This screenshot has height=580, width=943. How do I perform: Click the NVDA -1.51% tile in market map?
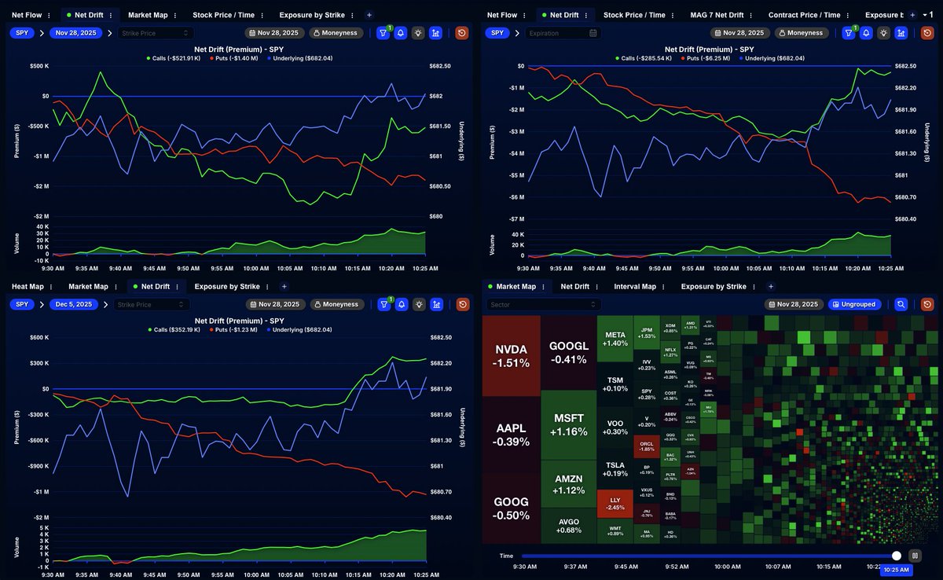coord(511,355)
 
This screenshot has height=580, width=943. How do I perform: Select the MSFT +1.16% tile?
coord(568,424)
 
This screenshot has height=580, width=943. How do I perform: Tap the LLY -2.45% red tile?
coord(615,504)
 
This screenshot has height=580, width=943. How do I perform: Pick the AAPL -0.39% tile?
coord(511,435)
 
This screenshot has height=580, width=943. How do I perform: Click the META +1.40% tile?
coord(615,339)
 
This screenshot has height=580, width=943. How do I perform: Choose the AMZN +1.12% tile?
coord(568,484)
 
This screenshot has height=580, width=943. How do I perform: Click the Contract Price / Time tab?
coord(804,15)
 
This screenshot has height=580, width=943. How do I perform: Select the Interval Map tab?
coord(635,287)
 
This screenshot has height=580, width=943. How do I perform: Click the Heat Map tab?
coord(28,287)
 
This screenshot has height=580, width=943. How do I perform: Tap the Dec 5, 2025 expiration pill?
coord(74,304)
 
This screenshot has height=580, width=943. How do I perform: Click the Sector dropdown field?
coord(542,304)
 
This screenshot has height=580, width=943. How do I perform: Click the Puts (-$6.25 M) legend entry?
coord(706,58)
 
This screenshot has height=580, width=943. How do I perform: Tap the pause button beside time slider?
coord(915,556)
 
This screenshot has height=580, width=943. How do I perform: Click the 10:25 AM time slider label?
coord(896,569)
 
